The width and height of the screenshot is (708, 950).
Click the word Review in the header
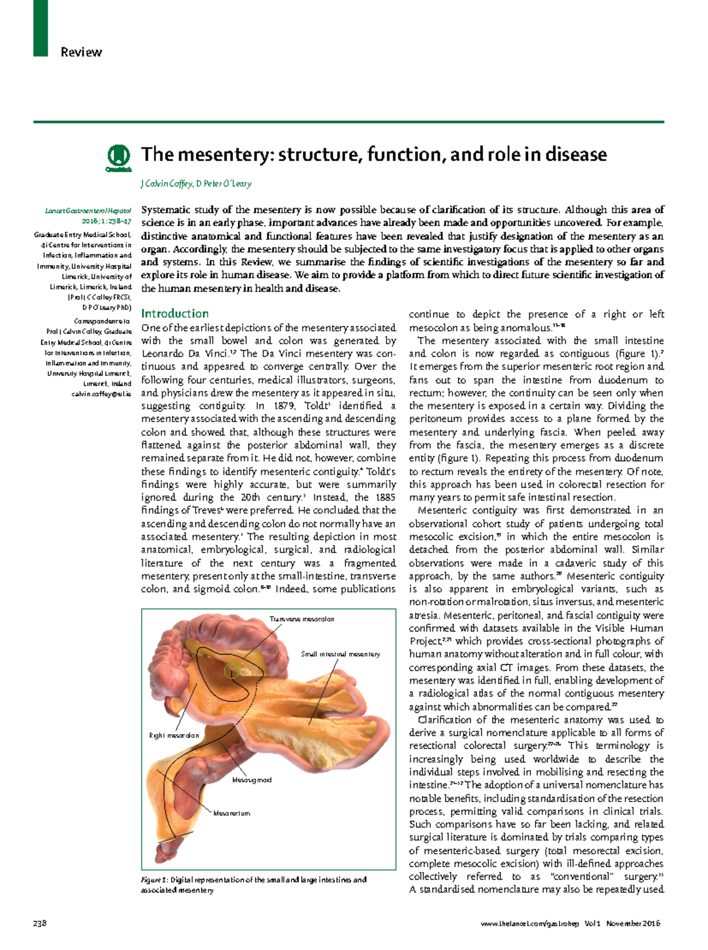click(x=81, y=52)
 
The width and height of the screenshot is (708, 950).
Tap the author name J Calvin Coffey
click(x=166, y=183)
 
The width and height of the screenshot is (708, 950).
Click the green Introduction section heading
click(x=175, y=314)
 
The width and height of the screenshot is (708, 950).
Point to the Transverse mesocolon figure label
click(x=301, y=619)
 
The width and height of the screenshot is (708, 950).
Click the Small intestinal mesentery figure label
click(x=340, y=654)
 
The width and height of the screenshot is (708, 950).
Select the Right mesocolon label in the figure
click(x=174, y=735)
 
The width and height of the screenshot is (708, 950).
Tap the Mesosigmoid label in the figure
click(x=252, y=780)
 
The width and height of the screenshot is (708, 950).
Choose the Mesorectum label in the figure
click(x=232, y=813)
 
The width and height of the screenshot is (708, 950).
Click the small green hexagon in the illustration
click(x=232, y=670)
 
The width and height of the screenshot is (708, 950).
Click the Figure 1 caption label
click(x=155, y=880)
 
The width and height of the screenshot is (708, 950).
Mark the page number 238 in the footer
click(x=40, y=923)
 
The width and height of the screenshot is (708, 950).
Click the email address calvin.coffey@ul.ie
click(x=101, y=394)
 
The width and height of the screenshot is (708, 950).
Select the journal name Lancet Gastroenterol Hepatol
click(x=88, y=211)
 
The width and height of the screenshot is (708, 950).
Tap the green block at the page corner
click(x=40, y=28)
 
